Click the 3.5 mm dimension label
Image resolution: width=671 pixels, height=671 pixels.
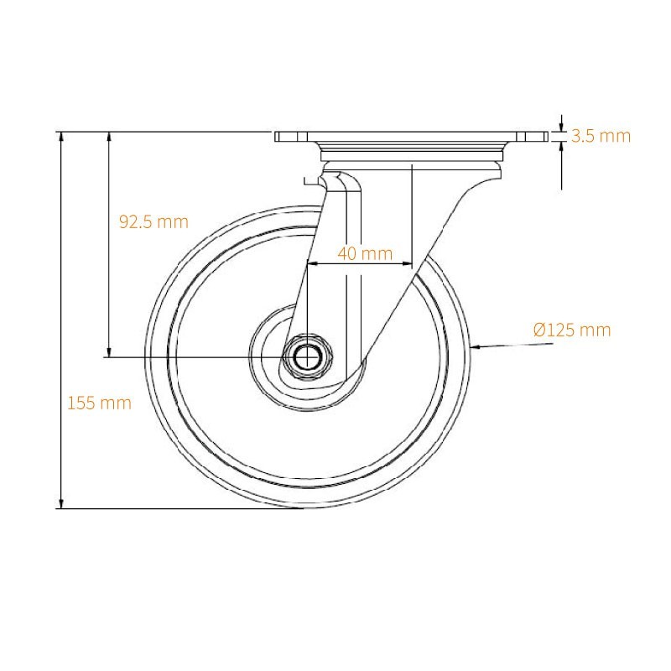[x=601, y=136]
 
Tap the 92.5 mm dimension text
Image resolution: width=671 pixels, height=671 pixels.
[x=153, y=221]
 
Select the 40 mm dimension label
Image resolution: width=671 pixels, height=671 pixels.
[x=365, y=254]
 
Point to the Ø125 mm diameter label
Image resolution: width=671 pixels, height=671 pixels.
[x=572, y=330]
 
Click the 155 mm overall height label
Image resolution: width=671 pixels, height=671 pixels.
[x=99, y=403]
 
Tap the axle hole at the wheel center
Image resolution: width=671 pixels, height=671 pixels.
[x=308, y=356]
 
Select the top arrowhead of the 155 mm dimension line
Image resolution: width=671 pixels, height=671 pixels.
[x=61, y=138]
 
